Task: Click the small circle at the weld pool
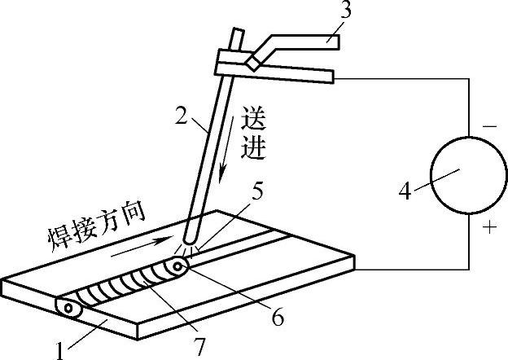[177, 265]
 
